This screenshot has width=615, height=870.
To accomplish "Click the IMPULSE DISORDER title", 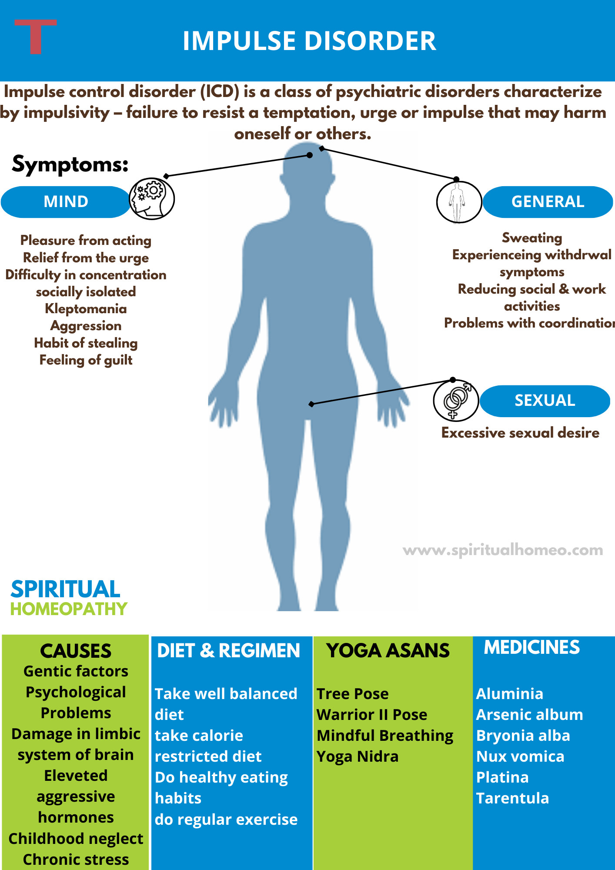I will (309, 41).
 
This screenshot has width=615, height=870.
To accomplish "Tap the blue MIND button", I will (66, 202).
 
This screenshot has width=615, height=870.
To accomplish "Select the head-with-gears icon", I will (152, 198).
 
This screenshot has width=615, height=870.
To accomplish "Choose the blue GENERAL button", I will (548, 202).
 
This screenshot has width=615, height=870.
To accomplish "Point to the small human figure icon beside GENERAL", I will (458, 202).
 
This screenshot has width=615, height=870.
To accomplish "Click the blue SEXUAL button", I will (545, 401).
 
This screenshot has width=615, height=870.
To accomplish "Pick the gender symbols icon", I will (456, 400).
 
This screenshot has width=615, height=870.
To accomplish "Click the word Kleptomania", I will (86, 309).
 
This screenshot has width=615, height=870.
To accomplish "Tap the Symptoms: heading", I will (70, 164).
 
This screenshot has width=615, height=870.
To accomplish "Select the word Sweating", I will (532, 238).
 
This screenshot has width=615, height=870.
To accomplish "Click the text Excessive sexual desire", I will (520, 433).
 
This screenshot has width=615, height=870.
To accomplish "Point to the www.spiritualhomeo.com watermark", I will (503, 550).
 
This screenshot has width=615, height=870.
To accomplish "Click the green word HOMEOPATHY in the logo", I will (69, 609).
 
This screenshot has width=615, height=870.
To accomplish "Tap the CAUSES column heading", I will (76, 651).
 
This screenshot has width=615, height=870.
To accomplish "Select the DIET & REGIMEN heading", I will (228, 651).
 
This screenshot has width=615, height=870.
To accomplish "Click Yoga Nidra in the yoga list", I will (358, 756).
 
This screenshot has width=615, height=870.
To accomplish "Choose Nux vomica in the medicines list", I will (520, 756).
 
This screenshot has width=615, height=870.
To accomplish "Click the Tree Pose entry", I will (352, 694).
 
